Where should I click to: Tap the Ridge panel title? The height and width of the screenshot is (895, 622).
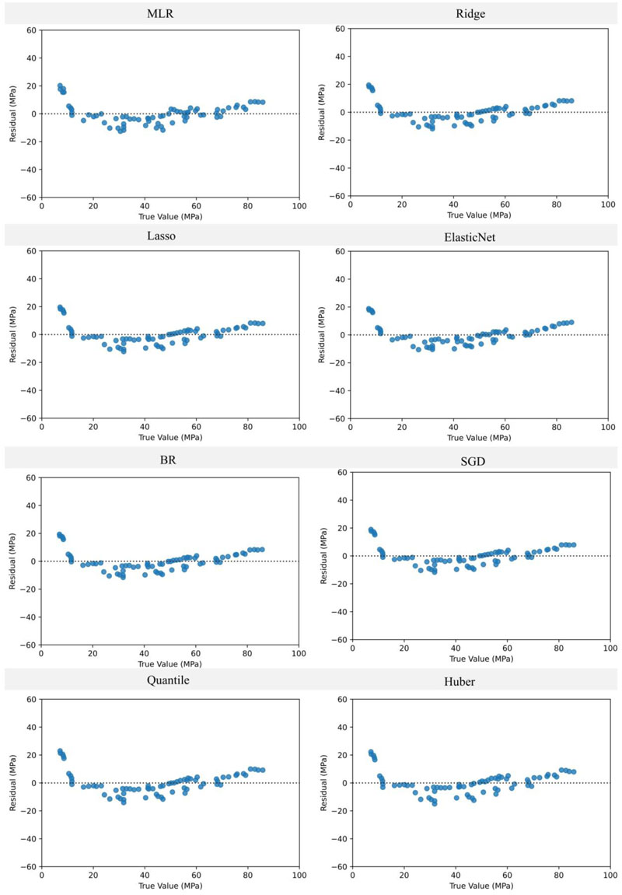pyautogui.click(x=467, y=13)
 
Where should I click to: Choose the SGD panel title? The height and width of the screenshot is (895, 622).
pyautogui.click(x=467, y=460)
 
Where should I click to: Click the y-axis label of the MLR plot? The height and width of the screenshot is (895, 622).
pyautogui.click(x=12, y=114)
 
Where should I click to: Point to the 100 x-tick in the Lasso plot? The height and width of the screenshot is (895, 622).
pyautogui.click(x=299, y=427)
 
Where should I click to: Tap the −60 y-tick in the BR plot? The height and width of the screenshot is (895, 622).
pyautogui.click(x=29, y=645)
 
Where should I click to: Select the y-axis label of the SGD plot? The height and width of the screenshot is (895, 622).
pyautogui.click(x=323, y=556)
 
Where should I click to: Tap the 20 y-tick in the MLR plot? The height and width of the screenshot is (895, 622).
pyautogui.click(x=31, y=86)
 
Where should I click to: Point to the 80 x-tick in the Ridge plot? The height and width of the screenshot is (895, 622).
pyautogui.click(x=556, y=205)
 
